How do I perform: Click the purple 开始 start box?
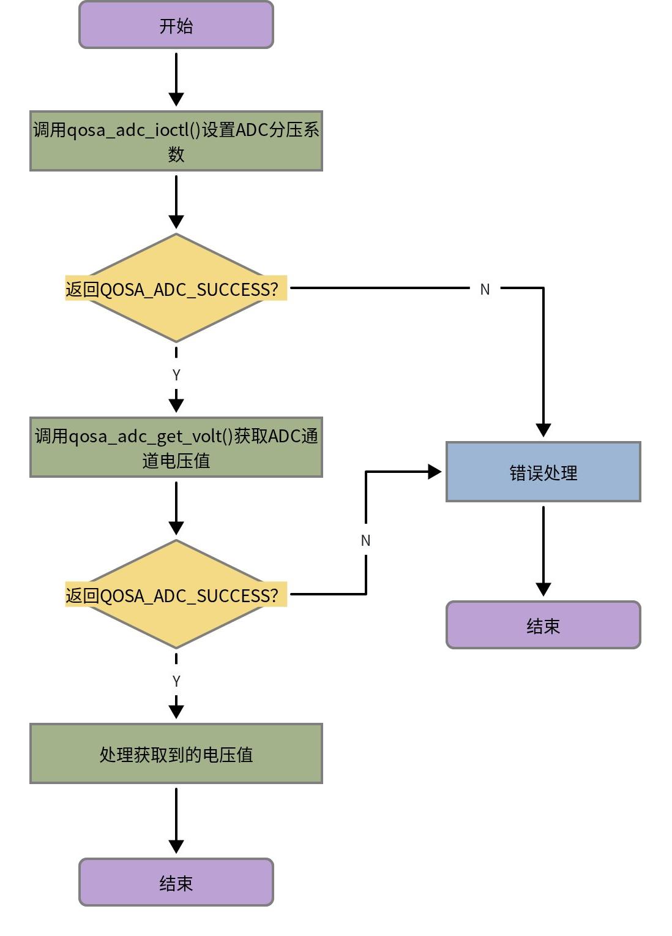(176, 25)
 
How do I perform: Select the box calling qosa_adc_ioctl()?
(176, 142)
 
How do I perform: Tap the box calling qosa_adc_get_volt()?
(176, 448)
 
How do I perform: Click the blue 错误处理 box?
(543, 472)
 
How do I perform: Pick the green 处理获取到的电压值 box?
(176, 754)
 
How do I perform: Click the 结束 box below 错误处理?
(543, 625)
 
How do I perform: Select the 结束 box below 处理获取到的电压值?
(176, 883)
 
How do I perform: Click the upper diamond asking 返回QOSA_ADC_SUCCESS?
(176, 289)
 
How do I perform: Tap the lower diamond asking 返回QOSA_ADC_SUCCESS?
(176, 594)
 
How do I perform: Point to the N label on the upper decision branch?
(485, 290)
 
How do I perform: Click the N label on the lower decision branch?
(365, 541)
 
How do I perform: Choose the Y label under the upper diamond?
(176, 375)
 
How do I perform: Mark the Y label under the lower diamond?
(176, 681)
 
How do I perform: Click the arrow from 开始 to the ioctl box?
(176, 80)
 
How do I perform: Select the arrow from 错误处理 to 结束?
(543, 551)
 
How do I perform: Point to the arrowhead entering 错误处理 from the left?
(435, 472)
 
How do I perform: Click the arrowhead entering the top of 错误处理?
(543, 431)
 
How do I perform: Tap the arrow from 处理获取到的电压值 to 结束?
(176, 821)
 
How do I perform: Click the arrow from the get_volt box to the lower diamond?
(176, 508)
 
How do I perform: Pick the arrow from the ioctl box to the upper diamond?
(176, 202)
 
